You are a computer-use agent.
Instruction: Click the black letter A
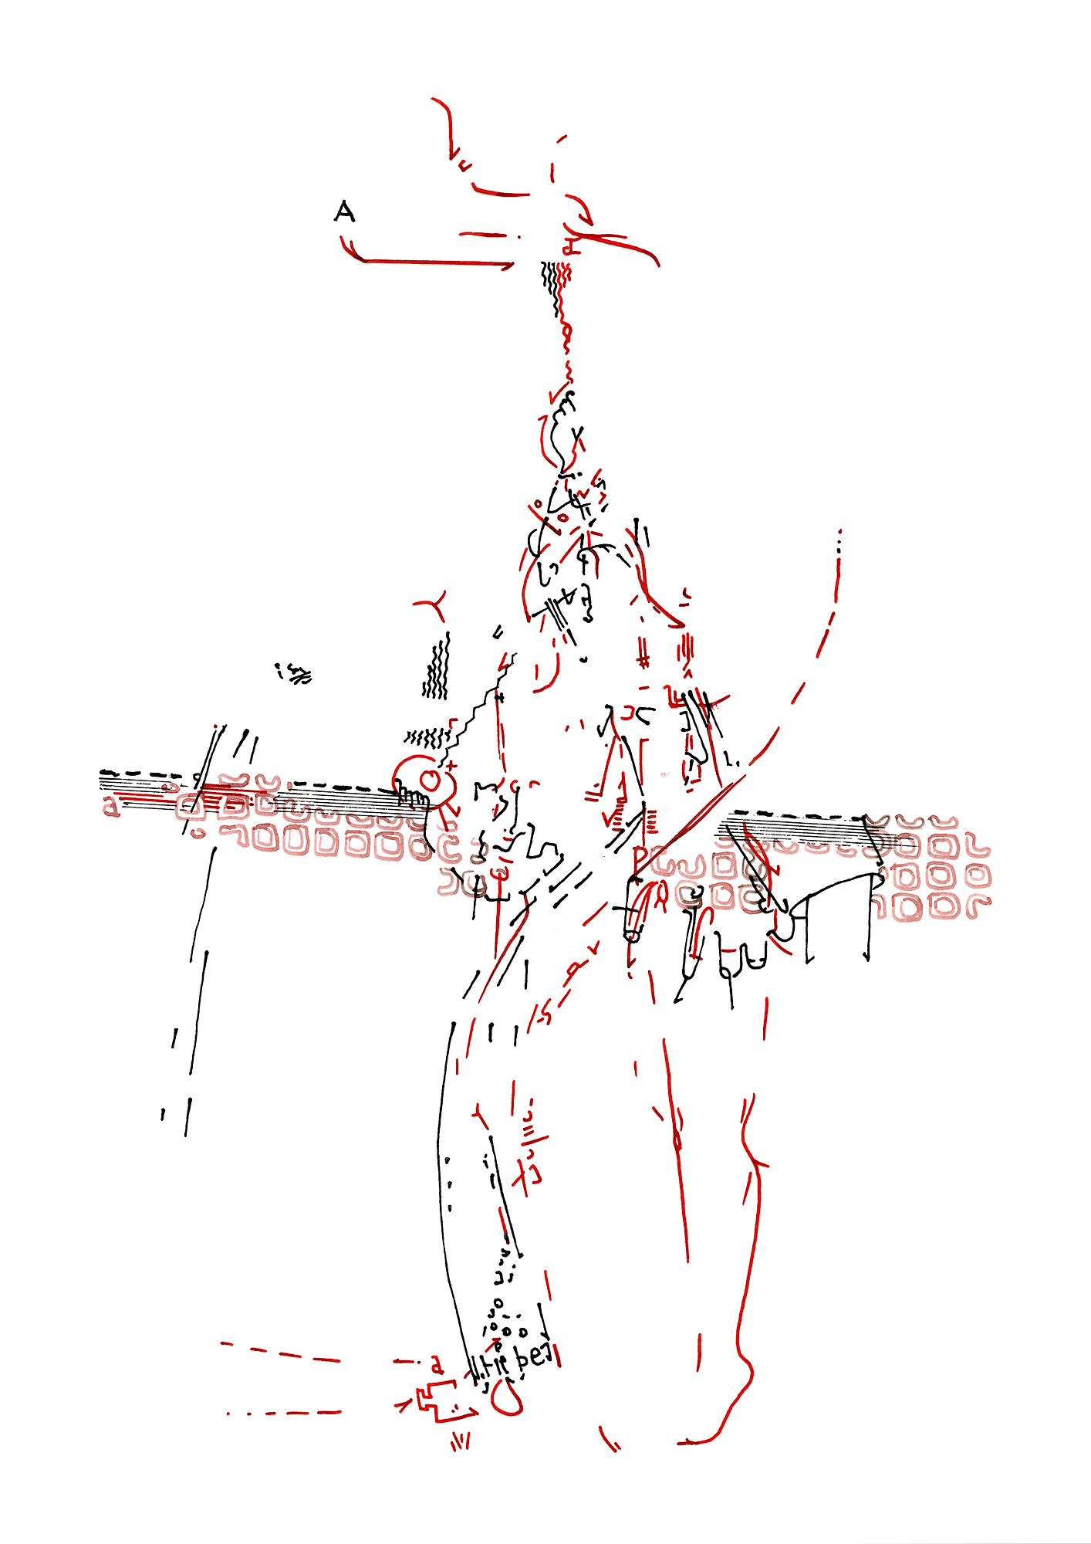click(x=344, y=211)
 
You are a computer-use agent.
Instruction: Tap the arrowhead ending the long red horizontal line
click(x=509, y=266)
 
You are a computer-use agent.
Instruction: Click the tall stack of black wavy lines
click(x=437, y=667)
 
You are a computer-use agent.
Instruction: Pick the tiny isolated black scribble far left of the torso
click(x=294, y=674)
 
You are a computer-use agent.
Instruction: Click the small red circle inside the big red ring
click(x=431, y=781)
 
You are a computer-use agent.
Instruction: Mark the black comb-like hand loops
click(x=411, y=796)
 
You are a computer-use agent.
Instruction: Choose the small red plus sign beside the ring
click(x=452, y=767)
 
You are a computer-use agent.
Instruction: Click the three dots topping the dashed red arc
click(x=839, y=540)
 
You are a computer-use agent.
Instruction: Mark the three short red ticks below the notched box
click(x=461, y=1441)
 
